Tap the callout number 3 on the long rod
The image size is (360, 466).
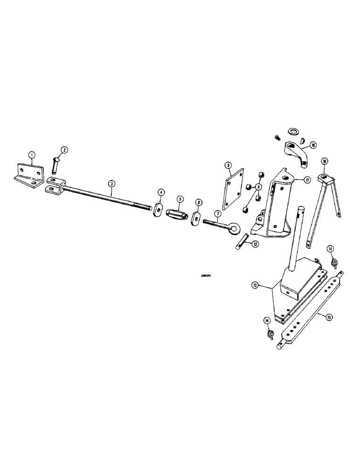pos(111,184)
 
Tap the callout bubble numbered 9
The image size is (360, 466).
pos(259,187)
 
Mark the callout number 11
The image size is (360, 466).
pos(307,179)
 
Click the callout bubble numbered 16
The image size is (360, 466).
pos(325,161)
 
